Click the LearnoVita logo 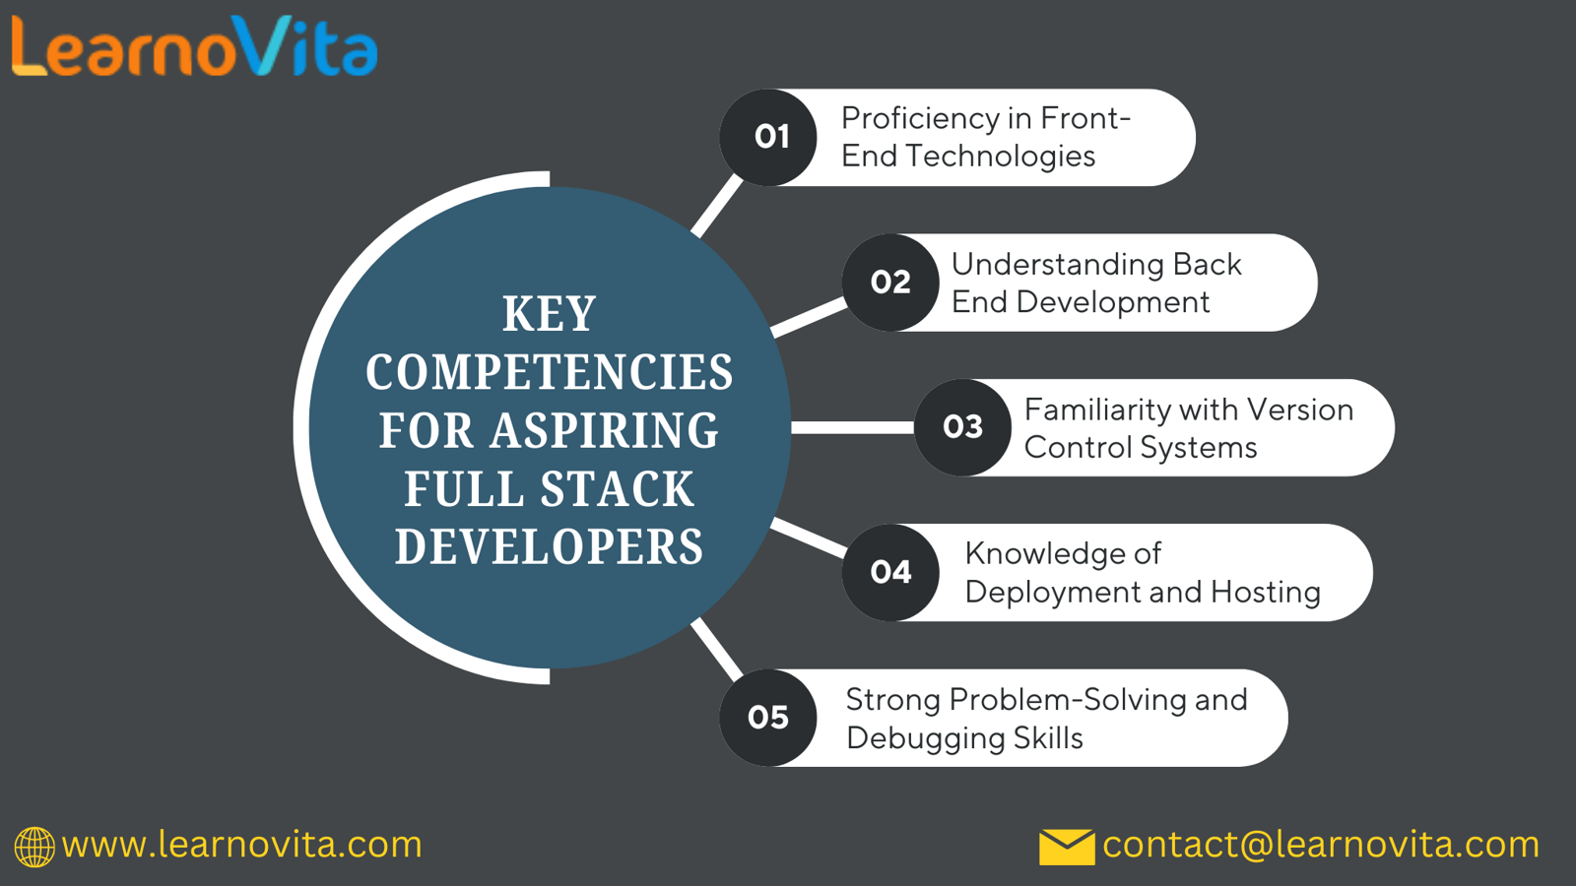195,45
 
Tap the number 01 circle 768,137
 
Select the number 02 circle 890,283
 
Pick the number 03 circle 963,427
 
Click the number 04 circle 890,572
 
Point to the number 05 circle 768,718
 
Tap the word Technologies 1000,157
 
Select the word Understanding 1057,266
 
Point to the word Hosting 1266,592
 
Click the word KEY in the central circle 550,314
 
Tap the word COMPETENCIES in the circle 550,372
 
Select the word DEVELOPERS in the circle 550,546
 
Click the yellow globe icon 34,847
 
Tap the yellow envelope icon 1067,847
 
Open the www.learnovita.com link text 242,845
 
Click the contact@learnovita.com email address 1321,845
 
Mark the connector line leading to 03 853,427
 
